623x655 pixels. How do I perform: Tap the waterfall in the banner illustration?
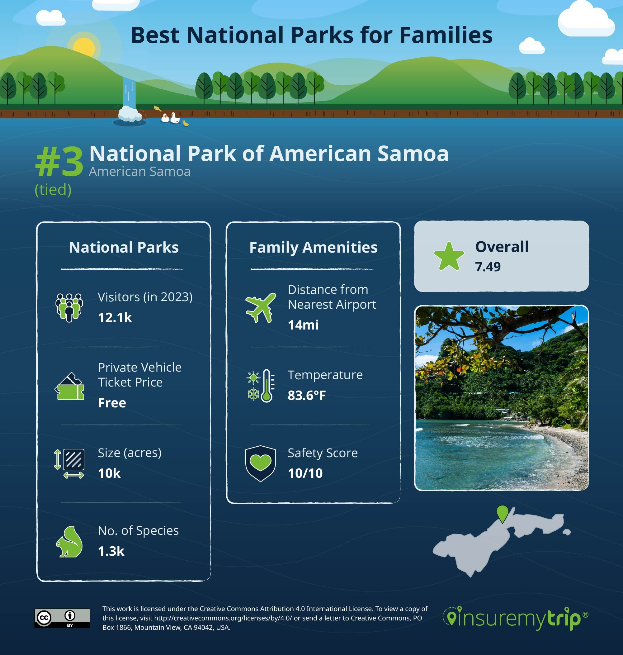(129, 93)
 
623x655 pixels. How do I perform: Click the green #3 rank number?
(59, 162)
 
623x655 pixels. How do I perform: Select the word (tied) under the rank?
(53, 190)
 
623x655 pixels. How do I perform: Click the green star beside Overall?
(449, 256)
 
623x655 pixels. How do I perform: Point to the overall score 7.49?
(488, 267)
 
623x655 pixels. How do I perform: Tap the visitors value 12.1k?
(115, 318)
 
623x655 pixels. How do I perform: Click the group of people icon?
(69, 307)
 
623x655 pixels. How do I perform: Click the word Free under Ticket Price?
(112, 403)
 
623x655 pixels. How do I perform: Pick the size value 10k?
(109, 473)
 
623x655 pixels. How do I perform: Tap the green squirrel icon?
(69, 541)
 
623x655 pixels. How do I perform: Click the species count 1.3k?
(111, 551)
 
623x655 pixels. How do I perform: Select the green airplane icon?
(261, 307)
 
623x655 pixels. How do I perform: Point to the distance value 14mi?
(303, 325)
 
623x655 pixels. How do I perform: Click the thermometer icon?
(267, 386)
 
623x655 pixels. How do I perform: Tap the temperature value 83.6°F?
(307, 395)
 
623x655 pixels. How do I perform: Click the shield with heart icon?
(260, 463)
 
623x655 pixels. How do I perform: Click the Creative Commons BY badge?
(62, 618)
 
